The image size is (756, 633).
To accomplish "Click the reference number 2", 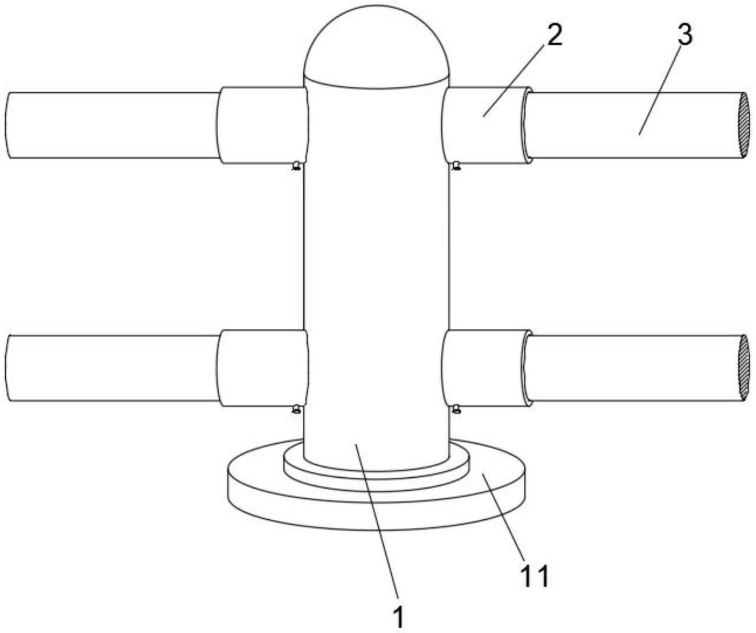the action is pyautogui.click(x=554, y=35).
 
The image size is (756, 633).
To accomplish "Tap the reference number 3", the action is pyautogui.click(x=685, y=35).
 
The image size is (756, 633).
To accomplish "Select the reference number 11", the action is pyautogui.click(x=534, y=576).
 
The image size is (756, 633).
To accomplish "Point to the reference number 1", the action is pyautogui.click(x=398, y=617).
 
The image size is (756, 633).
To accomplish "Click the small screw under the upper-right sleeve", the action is pyautogui.click(x=457, y=166).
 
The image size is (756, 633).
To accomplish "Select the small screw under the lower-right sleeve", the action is pyautogui.click(x=457, y=408).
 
